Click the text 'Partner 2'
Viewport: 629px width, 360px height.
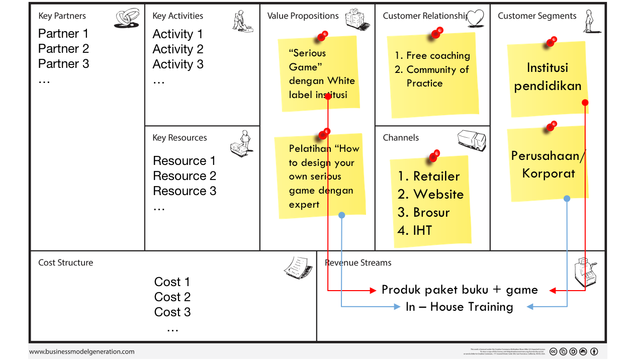click(x=63, y=49)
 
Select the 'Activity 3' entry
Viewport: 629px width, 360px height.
click(x=178, y=64)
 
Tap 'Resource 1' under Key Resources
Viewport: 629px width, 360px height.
click(x=184, y=161)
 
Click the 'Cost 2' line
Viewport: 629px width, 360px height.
click(x=172, y=297)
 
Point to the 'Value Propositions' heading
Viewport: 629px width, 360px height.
click(x=303, y=16)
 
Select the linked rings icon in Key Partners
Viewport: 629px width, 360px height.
click(x=127, y=19)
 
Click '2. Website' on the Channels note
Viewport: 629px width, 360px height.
click(x=430, y=195)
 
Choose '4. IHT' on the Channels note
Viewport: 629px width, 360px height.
click(x=415, y=231)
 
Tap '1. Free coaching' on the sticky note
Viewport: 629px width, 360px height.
click(x=432, y=56)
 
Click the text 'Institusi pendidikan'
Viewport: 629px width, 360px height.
click(x=547, y=76)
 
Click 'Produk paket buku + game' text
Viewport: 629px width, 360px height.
click(x=460, y=290)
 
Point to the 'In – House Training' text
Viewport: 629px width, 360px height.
click(x=459, y=307)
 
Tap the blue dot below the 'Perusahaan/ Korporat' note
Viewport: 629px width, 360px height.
click(x=567, y=199)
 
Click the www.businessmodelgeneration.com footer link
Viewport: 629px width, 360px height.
click(x=82, y=352)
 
